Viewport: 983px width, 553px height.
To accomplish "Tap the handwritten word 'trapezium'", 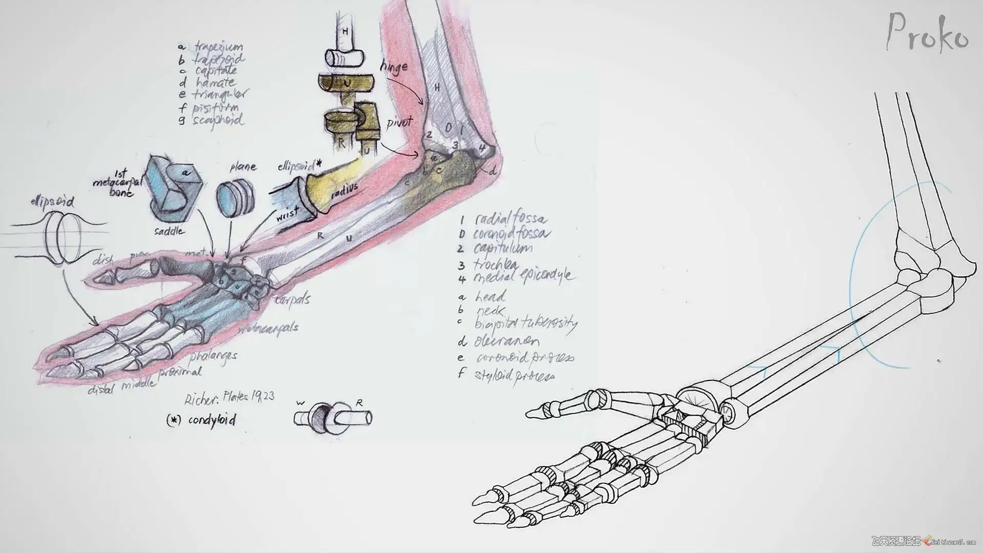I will (218, 48).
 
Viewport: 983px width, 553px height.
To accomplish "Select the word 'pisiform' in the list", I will (216, 108).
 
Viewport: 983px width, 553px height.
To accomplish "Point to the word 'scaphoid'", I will (218, 121).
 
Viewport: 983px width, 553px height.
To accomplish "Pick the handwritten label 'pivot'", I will (400, 123).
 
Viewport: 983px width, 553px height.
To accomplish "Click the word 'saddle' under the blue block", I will (169, 231).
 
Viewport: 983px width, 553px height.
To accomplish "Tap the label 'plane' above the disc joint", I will (243, 167).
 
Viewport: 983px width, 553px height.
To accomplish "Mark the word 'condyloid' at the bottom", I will (212, 420).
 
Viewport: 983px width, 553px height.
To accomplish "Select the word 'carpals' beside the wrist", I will (292, 299).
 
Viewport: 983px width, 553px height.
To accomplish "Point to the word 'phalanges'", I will (213, 356).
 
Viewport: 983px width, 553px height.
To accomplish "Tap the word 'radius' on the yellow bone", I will (343, 194).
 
